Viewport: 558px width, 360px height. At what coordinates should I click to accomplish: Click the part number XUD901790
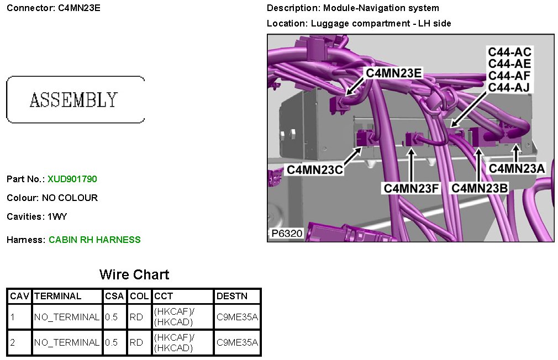pos(72,179)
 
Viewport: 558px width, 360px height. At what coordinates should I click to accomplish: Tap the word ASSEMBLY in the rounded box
pos(73,100)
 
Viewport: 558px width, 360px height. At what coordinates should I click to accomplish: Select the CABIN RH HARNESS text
pos(94,240)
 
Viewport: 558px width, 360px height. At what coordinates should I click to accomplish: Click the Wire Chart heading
pos(134,274)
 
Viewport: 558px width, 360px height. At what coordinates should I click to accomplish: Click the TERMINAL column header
pos(57,296)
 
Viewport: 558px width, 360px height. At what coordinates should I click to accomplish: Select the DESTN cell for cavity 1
pos(237,317)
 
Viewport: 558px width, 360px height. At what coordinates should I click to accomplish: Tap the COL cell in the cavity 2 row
pos(136,342)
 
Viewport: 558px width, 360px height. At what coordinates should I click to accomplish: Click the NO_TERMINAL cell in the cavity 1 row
pos(67,317)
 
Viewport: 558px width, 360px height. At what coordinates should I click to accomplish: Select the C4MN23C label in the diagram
pos(314,170)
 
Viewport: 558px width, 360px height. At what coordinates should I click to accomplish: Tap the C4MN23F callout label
pos(412,188)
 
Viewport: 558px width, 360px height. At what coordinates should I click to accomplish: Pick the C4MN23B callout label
pos(479,188)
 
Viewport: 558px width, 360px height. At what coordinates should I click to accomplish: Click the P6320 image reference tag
pos(287,234)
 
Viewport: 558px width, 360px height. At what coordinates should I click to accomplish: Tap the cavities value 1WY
pos(56,216)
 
